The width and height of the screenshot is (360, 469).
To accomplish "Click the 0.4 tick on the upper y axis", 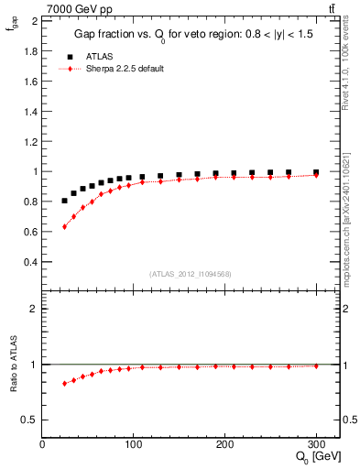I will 32,261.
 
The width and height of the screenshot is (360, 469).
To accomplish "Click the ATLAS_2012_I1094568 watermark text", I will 190,272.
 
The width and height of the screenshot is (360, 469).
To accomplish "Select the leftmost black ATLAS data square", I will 64,201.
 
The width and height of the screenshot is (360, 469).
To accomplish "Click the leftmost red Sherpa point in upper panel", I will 64,226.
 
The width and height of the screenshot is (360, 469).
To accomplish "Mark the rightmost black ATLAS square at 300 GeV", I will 316,172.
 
